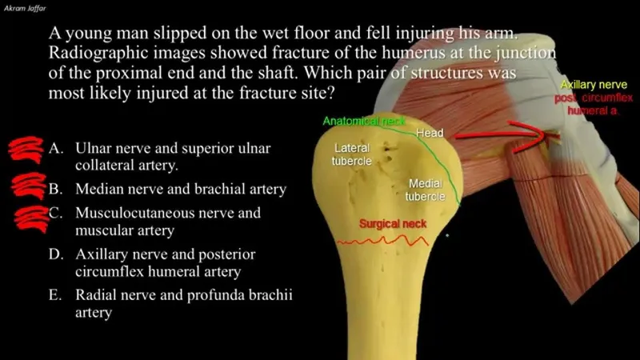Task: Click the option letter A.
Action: coord(55,149)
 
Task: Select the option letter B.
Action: coord(55,190)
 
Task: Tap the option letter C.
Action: coord(55,214)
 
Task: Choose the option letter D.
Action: coord(55,254)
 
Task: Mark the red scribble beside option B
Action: coord(29,186)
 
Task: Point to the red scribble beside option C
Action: coord(30,218)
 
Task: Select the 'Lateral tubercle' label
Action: coord(352,155)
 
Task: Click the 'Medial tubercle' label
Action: coord(425,190)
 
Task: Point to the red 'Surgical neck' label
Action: coord(392,224)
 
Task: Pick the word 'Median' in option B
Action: coord(99,190)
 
